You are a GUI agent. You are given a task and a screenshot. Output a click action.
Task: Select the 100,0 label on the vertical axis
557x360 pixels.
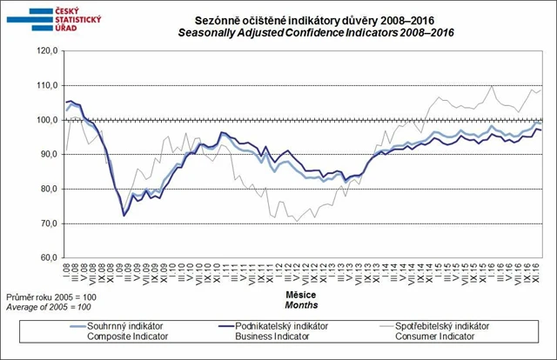click(46, 120)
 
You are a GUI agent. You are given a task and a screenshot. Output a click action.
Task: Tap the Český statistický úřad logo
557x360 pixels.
click(44, 18)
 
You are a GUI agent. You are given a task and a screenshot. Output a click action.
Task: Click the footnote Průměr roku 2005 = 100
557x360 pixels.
click(48, 297)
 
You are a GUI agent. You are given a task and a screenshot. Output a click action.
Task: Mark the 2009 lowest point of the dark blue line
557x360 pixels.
click(124, 215)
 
